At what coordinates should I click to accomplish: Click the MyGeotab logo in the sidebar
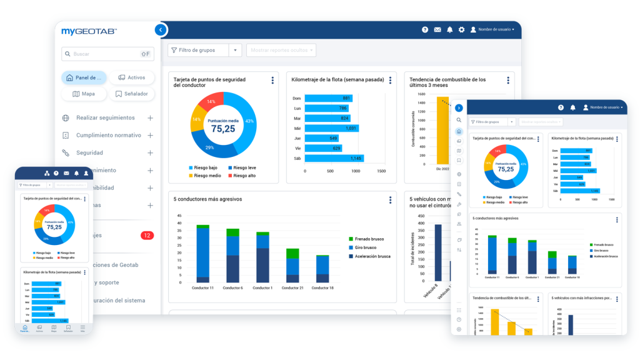click(x=89, y=31)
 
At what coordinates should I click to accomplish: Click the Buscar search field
click(x=100, y=54)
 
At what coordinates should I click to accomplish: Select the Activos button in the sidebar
click(x=132, y=77)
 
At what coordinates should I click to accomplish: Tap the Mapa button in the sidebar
click(x=84, y=94)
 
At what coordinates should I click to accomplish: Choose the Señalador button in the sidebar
click(x=132, y=94)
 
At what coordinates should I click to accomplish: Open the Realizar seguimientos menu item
click(x=105, y=117)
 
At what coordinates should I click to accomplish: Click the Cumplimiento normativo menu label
click(x=108, y=135)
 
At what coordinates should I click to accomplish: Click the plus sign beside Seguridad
click(x=150, y=152)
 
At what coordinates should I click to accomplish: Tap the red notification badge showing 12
click(x=147, y=236)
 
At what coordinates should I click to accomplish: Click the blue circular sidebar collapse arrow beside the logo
click(x=161, y=29)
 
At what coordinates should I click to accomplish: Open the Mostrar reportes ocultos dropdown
click(x=281, y=50)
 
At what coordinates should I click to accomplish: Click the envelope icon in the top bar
click(x=437, y=29)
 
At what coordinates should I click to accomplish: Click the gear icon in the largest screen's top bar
click(x=461, y=29)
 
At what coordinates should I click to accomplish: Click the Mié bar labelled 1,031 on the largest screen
click(x=331, y=128)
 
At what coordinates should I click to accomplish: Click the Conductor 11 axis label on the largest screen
click(x=203, y=287)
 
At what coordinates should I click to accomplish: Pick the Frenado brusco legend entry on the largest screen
click(x=369, y=239)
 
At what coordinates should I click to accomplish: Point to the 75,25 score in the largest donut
click(x=222, y=128)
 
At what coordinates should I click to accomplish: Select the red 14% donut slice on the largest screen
click(x=212, y=102)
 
